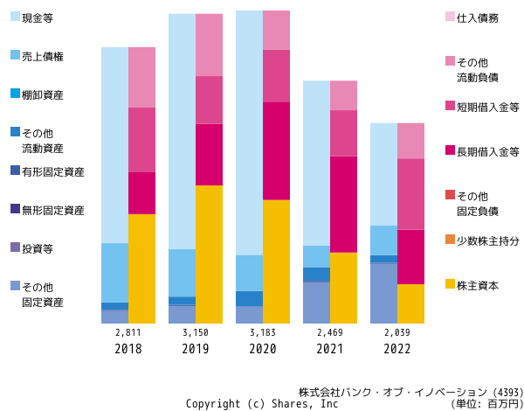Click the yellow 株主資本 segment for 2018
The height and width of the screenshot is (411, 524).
tap(141, 268)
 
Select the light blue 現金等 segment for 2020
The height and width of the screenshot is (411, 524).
tap(249, 133)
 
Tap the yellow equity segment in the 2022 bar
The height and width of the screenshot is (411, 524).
tap(410, 304)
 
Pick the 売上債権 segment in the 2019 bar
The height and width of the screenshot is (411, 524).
tap(183, 273)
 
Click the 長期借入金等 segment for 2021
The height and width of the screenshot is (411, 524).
tap(343, 205)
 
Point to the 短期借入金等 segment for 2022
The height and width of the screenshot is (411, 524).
tap(410, 194)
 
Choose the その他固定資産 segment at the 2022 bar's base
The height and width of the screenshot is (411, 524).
tap(383, 294)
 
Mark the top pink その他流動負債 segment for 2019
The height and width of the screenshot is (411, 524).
tap(210, 45)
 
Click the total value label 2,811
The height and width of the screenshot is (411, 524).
tap(128, 332)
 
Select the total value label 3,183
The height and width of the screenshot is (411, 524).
tap(263, 332)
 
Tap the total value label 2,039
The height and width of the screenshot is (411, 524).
tap(397, 332)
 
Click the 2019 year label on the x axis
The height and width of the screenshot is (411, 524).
tap(196, 349)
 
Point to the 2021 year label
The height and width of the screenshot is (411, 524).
tap(330, 349)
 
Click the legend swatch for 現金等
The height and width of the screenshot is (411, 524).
tap(16, 17)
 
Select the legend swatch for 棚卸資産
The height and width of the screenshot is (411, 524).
tap(16, 94)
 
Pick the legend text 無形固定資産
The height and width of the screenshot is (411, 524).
tap(53, 211)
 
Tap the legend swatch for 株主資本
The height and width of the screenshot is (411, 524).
tap(450, 284)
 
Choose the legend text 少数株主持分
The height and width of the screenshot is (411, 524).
tap(488, 241)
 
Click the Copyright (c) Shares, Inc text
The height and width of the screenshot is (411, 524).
tap(262, 404)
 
